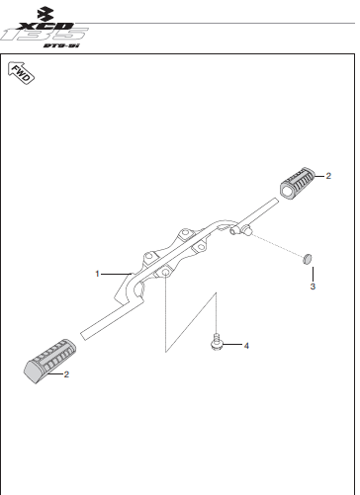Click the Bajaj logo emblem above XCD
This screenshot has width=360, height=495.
click(x=38, y=11)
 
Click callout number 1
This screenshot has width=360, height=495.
click(x=97, y=272)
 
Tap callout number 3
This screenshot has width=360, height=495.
click(x=313, y=287)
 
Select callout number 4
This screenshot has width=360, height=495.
click(x=246, y=346)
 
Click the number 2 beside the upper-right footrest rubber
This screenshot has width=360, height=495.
click(x=330, y=176)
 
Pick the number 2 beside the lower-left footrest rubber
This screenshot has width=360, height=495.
click(x=66, y=375)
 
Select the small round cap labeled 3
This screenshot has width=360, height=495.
click(x=309, y=258)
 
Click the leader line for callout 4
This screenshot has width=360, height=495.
click(x=232, y=346)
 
